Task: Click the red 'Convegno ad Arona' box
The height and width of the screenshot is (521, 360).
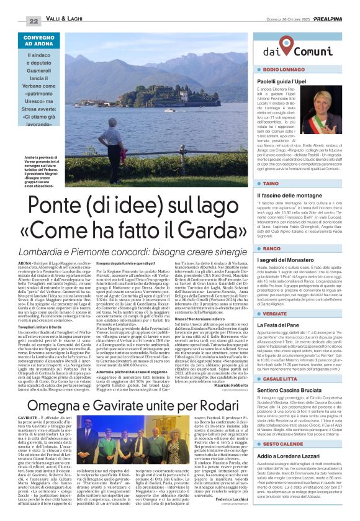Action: click(38, 42)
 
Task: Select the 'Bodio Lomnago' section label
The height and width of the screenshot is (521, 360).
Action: click(285, 70)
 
